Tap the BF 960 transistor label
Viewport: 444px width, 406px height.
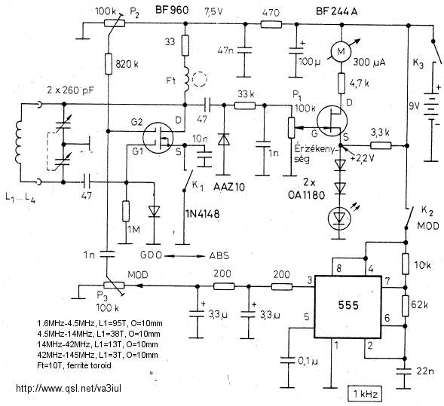tap(172, 11)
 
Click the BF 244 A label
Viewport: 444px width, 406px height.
tap(337, 11)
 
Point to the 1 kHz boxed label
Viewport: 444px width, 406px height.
tap(365, 393)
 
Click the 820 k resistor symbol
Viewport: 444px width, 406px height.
tap(109, 64)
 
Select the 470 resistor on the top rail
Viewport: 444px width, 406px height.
tap(271, 24)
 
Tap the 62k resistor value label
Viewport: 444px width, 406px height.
tap(419, 305)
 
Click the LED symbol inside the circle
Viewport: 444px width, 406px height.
tap(339, 217)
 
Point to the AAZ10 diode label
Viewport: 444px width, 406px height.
tap(229, 187)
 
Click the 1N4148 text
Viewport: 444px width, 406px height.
tap(203, 214)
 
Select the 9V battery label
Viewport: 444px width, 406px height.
tap(414, 106)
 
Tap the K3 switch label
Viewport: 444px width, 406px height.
tap(418, 64)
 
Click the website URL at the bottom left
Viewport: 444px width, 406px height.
tap(69, 388)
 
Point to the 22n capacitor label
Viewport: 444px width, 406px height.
tap(425, 371)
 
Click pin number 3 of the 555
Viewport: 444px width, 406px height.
tap(310, 281)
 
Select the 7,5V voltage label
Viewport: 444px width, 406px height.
tap(214, 11)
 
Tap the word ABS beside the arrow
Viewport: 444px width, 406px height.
tap(219, 255)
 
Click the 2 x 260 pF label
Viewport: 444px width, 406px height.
tap(71, 90)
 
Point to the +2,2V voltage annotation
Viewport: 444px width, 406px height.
tap(363, 158)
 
